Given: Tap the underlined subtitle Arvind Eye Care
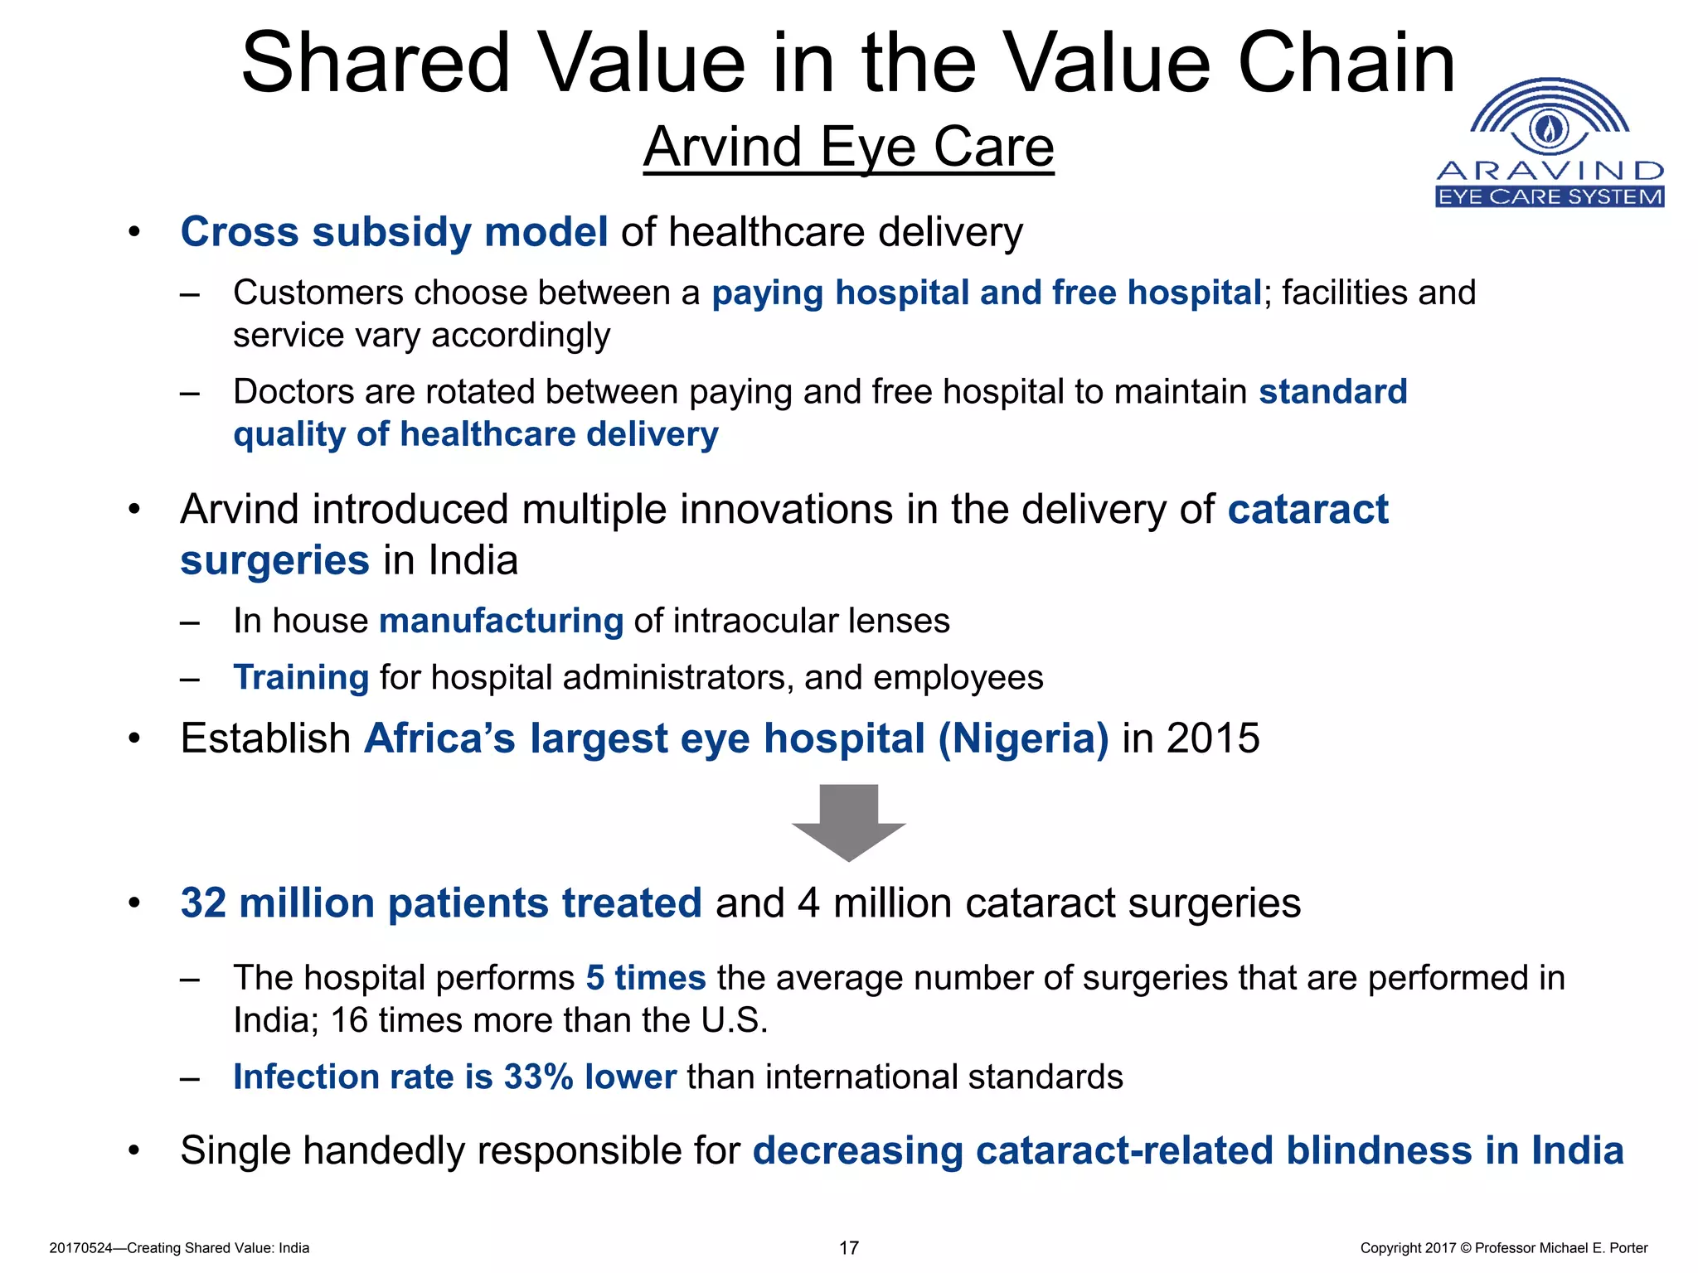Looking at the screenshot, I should (x=848, y=148).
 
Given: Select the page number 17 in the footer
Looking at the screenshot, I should (x=848, y=1248).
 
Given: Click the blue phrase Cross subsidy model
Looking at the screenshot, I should (x=394, y=232).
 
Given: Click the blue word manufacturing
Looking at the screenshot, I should (x=501, y=621).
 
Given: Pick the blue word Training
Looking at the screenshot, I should (x=300, y=678).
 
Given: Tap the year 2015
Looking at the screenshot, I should (x=1213, y=738).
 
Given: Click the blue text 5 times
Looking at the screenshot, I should (x=645, y=978).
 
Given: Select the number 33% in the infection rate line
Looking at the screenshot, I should (x=538, y=1077).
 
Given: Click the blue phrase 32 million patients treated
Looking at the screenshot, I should (x=441, y=903).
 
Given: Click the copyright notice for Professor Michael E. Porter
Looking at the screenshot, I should (x=1503, y=1248).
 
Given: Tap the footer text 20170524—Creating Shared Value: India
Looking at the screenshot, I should (x=179, y=1248).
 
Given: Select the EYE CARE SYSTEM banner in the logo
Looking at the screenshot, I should (x=1549, y=196).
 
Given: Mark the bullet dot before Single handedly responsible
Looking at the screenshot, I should (x=134, y=1151).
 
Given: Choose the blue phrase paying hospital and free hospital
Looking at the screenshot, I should (x=986, y=293).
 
